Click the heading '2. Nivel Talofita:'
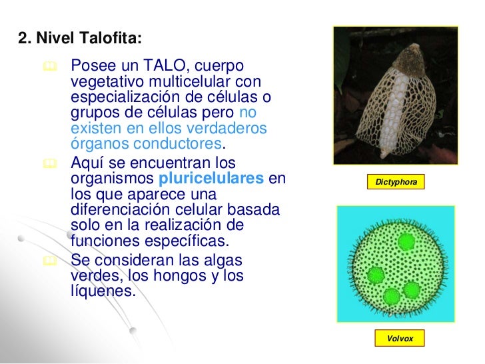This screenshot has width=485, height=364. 80,39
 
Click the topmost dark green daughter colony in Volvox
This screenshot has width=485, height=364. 404,240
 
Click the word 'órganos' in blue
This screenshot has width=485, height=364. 98,144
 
